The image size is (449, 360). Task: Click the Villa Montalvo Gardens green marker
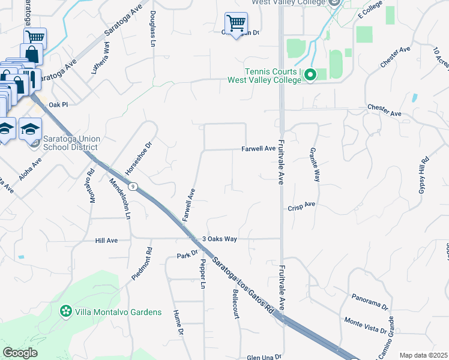click(65, 312)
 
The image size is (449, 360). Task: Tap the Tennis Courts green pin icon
click(310, 75)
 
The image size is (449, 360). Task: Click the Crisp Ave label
click(302, 204)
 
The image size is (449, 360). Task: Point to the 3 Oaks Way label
click(220, 239)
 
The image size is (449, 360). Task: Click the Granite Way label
click(314, 164)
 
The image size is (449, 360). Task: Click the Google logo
click(20, 353)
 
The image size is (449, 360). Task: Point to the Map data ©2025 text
click(423, 355)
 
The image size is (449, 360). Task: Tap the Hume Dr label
click(178, 322)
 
